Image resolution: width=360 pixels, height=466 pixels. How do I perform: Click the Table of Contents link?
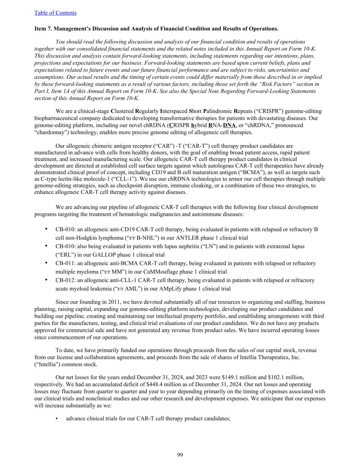tap(55, 13)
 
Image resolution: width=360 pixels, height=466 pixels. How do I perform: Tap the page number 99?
tap(180, 455)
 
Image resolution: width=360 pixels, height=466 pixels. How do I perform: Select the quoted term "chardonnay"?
tap(49, 132)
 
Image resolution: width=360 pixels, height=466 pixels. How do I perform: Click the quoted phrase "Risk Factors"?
tap(280, 84)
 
